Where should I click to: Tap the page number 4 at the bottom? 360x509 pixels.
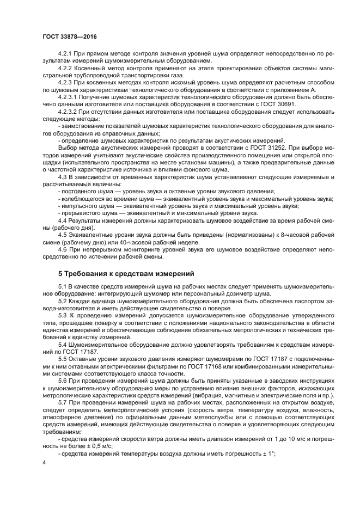tap(43, 462)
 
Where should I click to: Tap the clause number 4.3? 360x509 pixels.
tap(64, 177)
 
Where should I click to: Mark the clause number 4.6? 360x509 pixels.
tap(64, 249)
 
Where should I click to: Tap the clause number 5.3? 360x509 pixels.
tap(64, 316)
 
